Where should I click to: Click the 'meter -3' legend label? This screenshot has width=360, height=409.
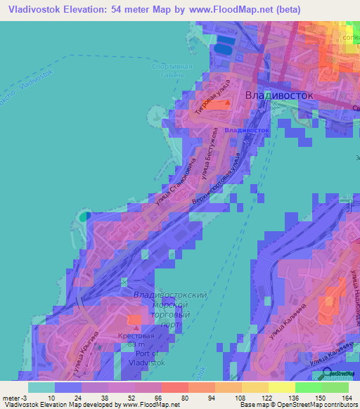pyautogui.click(x=13, y=397)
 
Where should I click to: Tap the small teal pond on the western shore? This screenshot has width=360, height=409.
pyautogui.click(x=84, y=217)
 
